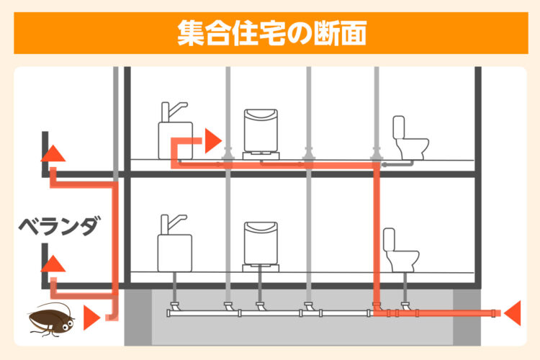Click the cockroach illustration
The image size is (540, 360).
52,320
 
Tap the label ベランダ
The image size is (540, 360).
60,225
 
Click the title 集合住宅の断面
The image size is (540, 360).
271,33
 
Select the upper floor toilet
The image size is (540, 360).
410,138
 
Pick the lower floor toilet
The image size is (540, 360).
400,251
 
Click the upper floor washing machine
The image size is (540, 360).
261,135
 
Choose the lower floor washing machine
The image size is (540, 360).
261,247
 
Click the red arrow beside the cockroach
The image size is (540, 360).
91,318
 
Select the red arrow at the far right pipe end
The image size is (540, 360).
513,312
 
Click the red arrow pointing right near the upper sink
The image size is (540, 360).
213,140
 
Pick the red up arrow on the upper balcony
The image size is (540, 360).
53,153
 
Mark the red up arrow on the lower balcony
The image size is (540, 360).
53,264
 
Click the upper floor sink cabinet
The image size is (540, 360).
175,140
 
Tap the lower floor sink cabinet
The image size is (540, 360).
175,253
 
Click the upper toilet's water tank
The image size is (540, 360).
398,127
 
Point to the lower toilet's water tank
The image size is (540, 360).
389,240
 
